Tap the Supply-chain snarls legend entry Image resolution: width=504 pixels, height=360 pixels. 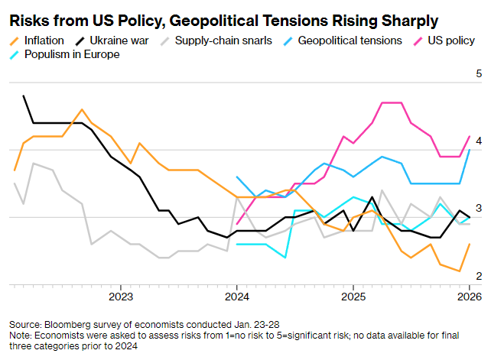click(x=223, y=40)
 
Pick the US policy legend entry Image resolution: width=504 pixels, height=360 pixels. click(x=451, y=40)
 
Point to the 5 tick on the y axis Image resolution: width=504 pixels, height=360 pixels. click(x=478, y=74)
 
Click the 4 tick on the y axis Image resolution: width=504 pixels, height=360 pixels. click(x=478, y=141)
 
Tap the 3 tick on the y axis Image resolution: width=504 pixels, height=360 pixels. click(x=478, y=209)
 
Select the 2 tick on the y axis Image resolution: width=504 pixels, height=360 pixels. click(x=478, y=276)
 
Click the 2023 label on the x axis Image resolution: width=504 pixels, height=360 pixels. click(x=121, y=296)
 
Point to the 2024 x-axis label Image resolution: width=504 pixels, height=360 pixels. click(x=236, y=296)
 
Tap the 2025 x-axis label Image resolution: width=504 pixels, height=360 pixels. click(x=352, y=296)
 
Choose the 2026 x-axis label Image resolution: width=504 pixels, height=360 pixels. click(x=467, y=296)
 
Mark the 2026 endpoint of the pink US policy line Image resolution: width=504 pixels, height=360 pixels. click(x=469, y=137)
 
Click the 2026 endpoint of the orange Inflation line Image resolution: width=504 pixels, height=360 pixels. click(x=469, y=245)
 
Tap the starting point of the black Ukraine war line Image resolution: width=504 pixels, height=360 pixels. click(x=24, y=96)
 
